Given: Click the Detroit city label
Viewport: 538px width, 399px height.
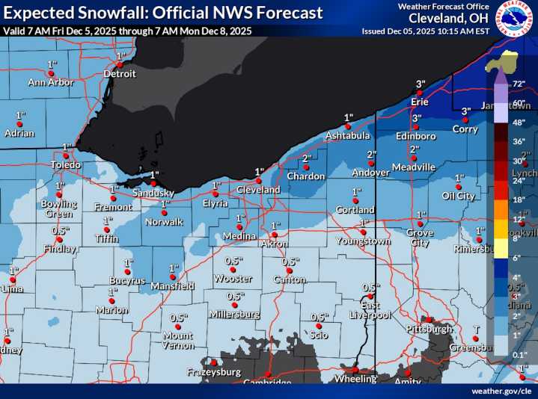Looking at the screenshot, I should [x=120, y=74].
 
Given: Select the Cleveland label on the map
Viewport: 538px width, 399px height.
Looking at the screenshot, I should [x=259, y=190].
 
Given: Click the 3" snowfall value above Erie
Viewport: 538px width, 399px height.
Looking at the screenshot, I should [x=421, y=83].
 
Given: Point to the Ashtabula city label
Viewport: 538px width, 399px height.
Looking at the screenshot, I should [x=347, y=136].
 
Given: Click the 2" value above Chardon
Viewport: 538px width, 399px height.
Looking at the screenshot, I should [x=306, y=158].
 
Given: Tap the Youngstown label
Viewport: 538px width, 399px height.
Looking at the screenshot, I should [x=361, y=241].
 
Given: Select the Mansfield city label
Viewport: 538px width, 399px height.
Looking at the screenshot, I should [x=174, y=286].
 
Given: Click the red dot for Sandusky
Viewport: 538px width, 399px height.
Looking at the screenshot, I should [x=153, y=183].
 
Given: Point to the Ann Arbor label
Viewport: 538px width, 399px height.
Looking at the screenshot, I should [x=51, y=83].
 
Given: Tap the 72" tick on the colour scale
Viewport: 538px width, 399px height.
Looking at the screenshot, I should [x=516, y=84].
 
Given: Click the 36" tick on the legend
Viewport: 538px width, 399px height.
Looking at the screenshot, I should [x=516, y=141].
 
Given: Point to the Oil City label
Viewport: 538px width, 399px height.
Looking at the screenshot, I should [x=459, y=197].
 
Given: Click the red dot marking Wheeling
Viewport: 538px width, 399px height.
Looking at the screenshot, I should [x=355, y=368].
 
